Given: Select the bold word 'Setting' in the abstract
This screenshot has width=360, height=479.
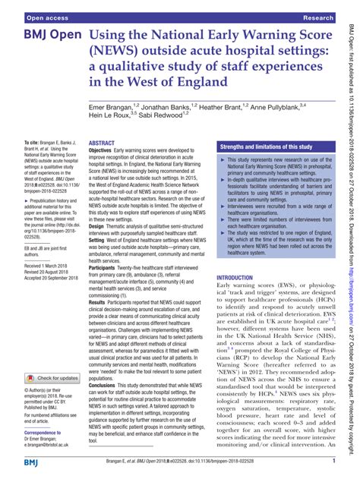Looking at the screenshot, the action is tap(100, 241).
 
